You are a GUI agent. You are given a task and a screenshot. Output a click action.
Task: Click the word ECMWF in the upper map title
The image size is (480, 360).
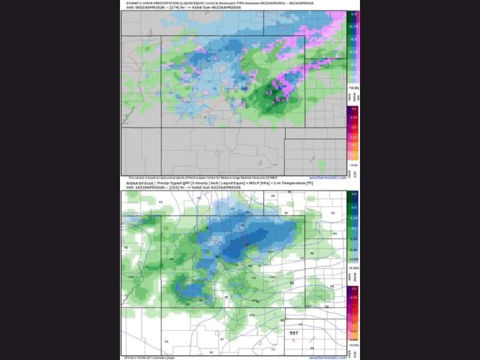(x=133, y=2)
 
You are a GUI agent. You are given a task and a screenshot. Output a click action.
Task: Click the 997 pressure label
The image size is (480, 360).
(x=294, y=333)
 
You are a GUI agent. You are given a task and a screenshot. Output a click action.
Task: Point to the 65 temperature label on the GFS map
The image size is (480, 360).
(x=161, y=202)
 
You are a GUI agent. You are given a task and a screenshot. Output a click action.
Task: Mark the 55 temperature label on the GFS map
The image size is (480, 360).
(x=332, y=286)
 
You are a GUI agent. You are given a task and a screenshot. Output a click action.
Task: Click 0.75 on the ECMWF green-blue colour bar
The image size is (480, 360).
(x=354, y=27)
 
